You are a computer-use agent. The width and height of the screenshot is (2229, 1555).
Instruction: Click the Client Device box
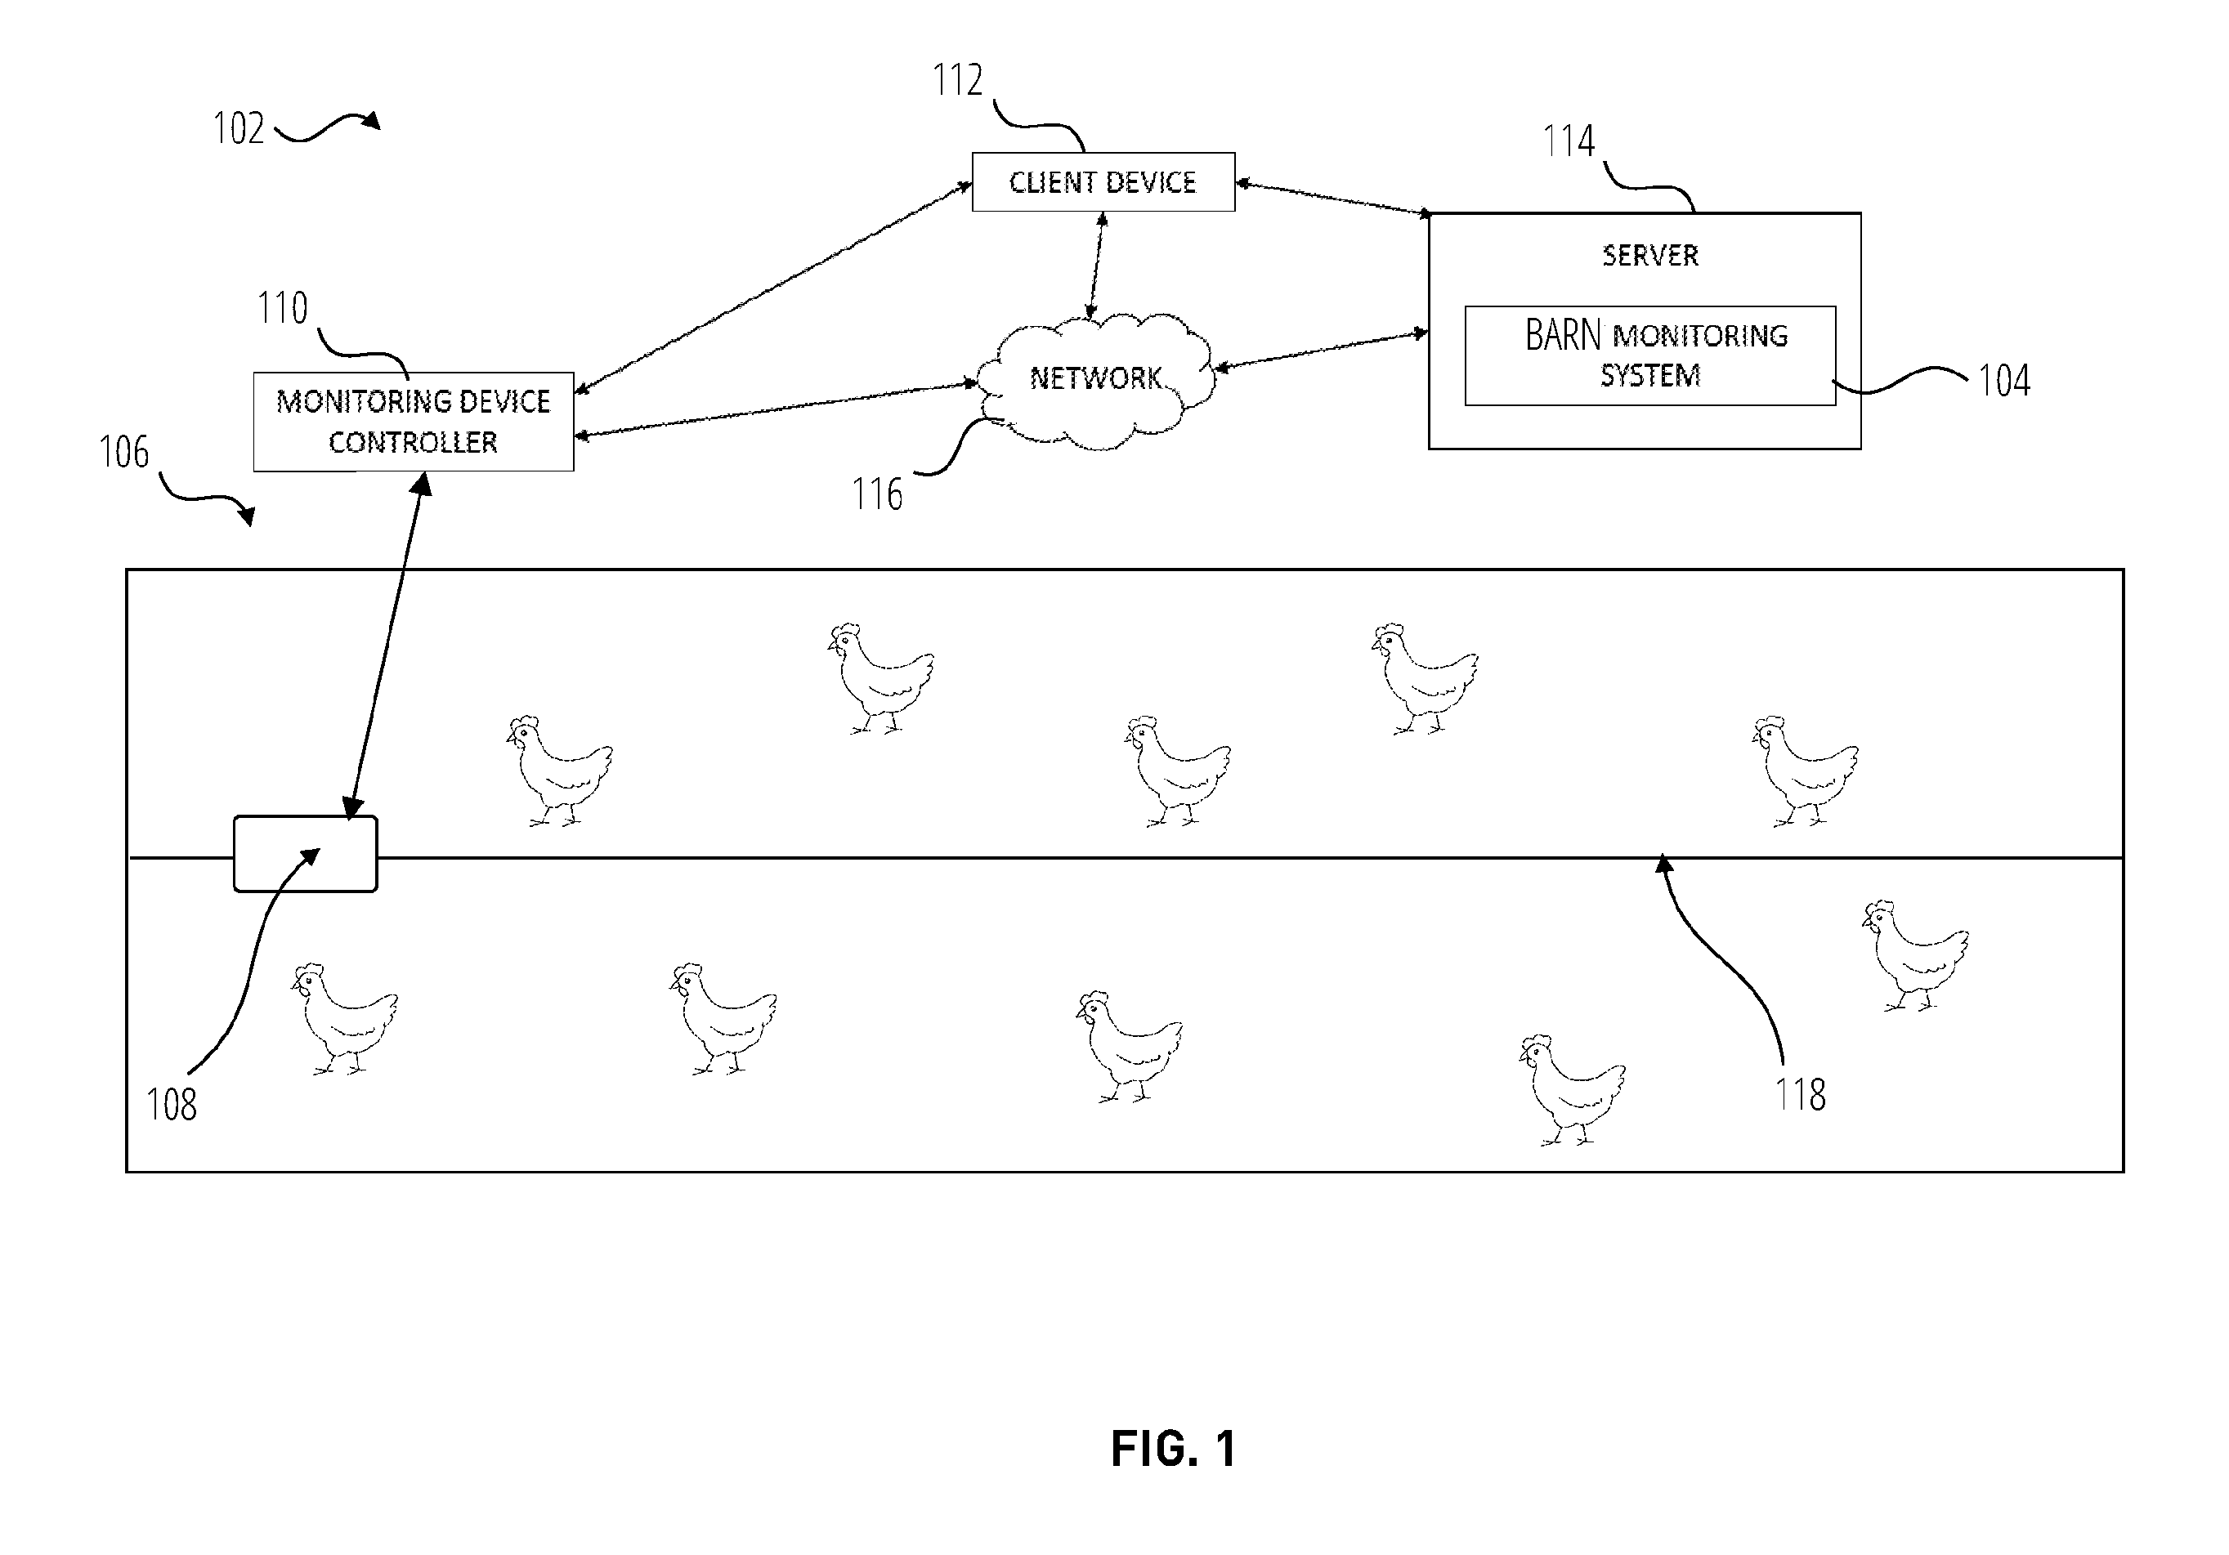pos(1103,181)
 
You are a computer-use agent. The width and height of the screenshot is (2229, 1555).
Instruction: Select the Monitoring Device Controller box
pos(414,422)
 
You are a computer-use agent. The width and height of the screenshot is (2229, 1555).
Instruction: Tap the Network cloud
pos(1095,381)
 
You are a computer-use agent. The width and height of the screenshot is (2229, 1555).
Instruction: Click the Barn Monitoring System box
pos(1649,355)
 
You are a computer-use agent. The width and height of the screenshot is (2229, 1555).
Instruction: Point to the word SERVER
pos(1649,255)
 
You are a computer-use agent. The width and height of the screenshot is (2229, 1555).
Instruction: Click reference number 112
pos(957,79)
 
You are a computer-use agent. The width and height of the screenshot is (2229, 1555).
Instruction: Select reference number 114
pos(1569,141)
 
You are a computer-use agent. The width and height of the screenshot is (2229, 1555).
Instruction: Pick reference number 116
pos(877,494)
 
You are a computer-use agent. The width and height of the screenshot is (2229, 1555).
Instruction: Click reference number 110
pos(281,308)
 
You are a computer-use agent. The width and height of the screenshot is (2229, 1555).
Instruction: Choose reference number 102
pos(238,128)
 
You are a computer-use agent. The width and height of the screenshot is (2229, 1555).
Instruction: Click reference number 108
pos(171,1105)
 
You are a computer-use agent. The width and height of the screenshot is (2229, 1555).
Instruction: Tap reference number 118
pos(1800,1095)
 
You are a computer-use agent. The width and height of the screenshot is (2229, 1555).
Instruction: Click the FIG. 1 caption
pos(1174,1450)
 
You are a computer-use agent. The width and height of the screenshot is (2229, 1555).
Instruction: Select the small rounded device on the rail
pos(306,854)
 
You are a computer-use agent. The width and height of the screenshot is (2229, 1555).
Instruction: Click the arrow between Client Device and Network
pos(1096,266)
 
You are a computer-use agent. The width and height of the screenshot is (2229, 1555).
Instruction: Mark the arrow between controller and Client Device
pos(772,288)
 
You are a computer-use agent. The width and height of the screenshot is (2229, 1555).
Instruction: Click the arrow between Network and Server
pos(1321,351)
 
